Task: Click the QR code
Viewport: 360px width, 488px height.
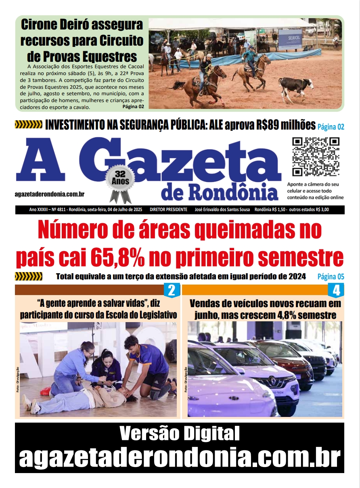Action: pyautogui.click(x=316, y=157)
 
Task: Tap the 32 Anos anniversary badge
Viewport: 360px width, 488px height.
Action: pyautogui.click(x=120, y=179)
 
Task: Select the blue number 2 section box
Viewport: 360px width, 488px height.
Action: pyautogui.click(x=171, y=290)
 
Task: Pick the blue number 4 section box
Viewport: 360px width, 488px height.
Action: pyautogui.click(x=336, y=290)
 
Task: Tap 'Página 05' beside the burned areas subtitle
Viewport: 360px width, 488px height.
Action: pyautogui.click(x=331, y=277)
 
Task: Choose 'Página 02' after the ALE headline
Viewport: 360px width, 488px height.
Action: pyautogui.click(x=331, y=127)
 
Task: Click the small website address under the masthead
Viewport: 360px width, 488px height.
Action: pyautogui.click(x=49, y=195)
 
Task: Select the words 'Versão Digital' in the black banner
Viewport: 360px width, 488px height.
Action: pyautogui.click(x=180, y=434)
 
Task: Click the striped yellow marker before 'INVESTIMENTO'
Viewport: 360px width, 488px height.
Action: pyautogui.click(x=28, y=125)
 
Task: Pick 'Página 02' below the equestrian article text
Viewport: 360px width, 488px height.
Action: pyautogui.click(x=133, y=107)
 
